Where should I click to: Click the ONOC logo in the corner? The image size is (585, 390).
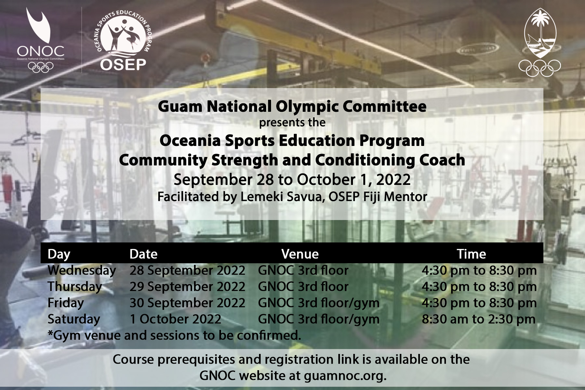pos(40,40)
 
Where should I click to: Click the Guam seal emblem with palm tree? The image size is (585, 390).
pos(540,42)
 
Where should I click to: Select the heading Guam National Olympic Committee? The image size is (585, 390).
pos(292,106)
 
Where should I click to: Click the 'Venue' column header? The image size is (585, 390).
pos(300,254)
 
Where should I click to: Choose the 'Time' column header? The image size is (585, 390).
pos(471,254)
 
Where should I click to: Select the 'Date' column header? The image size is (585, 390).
pos(143,254)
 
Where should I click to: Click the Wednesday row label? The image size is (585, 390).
pos(82,270)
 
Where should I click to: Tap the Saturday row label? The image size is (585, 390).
pos(74,319)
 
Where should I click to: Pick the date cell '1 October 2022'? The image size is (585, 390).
pos(175,319)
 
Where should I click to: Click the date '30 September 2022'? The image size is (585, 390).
pos(188,303)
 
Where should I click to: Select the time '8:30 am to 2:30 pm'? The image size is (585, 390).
pos(479,319)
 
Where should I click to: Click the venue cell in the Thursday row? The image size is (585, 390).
pos(303,287)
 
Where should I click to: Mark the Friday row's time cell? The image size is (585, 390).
pos(479,303)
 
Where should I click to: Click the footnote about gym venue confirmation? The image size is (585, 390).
pos(174,335)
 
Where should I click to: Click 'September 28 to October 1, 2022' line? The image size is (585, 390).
pos(292,180)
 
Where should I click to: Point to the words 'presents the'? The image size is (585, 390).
pos(292,123)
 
